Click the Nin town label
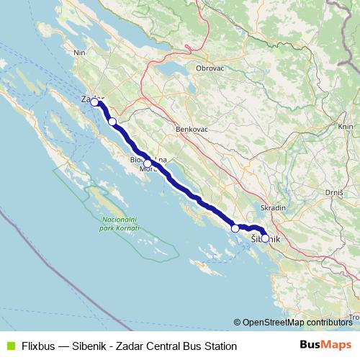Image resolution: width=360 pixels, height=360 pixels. click(79, 53)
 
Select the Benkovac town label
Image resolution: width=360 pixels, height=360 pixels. click(190, 130)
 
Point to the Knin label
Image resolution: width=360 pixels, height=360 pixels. click(345, 126)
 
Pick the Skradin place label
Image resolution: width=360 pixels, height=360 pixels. click(274, 207)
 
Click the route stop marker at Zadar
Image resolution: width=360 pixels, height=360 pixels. click(94, 102)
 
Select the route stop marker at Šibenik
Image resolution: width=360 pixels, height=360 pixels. click(265, 238)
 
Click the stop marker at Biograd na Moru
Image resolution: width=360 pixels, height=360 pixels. click(148, 163)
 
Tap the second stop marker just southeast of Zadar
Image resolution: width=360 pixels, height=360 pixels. click(112, 122)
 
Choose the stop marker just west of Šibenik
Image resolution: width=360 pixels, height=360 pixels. click(235, 228)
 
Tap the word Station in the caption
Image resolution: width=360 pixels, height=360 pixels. click(219, 346)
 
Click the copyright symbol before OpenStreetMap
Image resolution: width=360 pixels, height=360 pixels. click(237, 323)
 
